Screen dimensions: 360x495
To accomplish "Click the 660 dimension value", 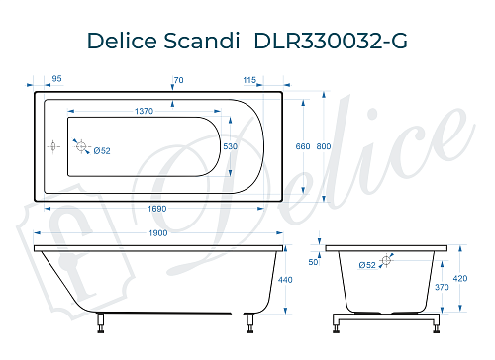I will point(303,146).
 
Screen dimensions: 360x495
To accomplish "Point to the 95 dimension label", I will point(56,79).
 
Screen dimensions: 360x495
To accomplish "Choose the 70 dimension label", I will point(178,79).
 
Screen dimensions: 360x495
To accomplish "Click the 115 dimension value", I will point(248,79).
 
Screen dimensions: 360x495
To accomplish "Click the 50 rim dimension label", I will point(313,262).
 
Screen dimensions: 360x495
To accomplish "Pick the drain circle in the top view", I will point(83,149).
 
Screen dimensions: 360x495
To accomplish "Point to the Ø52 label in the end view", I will point(366,265).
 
